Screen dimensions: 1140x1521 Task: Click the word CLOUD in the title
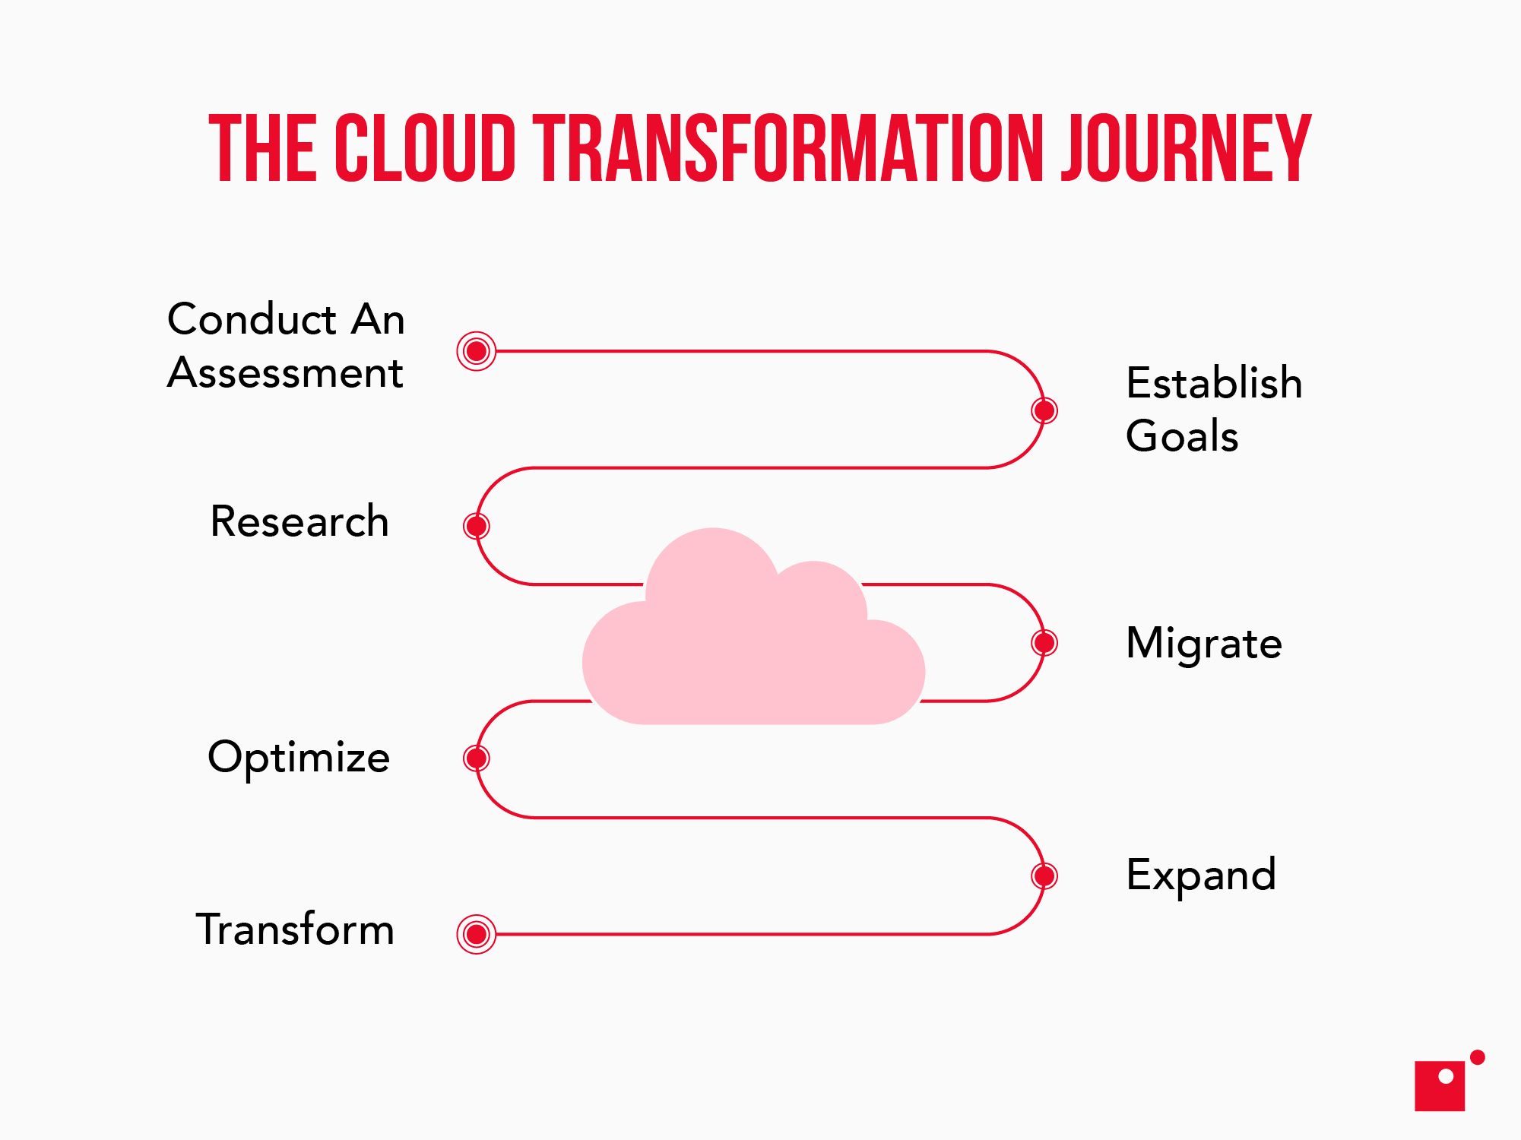click(425, 149)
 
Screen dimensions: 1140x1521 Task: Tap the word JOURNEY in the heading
click(1186, 149)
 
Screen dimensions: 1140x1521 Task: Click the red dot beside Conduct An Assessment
click(477, 351)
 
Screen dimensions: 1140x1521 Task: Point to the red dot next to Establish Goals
click(1044, 410)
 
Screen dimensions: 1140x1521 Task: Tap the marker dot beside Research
click(477, 526)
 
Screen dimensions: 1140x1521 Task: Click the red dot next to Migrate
click(1044, 643)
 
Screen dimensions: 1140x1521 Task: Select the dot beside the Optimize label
click(477, 758)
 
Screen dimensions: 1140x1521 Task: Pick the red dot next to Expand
click(1044, 876)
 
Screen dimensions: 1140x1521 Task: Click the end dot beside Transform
click(477, 934)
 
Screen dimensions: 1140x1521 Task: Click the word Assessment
click(285, 373)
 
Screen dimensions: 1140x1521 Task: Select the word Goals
click(1182, 436)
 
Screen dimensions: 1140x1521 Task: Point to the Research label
click(299, 521)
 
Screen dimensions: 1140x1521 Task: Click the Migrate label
click(1204, 644)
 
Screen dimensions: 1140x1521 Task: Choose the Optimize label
click(299, 758)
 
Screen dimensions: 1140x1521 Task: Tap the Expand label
click(1201, 876)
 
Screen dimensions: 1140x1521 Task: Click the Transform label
click(295, 929)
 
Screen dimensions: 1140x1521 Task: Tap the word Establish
click(1214, 382)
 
